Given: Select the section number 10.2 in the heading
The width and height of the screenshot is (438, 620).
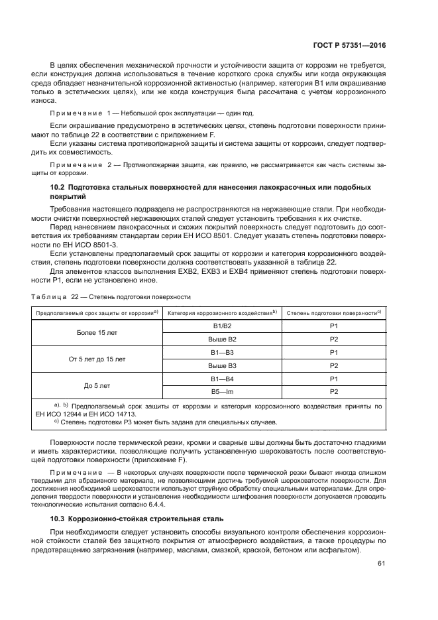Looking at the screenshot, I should click(50, 187).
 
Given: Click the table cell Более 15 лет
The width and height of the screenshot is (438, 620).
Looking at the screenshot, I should click(97, 332).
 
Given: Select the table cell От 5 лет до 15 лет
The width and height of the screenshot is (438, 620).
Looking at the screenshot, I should click(97, 359).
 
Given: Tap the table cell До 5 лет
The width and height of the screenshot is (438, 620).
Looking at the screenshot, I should click(97, 385).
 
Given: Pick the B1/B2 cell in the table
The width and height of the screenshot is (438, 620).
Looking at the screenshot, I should click(221, 326).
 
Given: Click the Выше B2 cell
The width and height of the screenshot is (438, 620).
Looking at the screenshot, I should click(222, 339).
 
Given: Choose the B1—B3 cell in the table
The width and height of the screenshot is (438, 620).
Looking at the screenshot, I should click(222, 352).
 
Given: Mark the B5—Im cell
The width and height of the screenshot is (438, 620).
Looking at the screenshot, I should click(222, 391).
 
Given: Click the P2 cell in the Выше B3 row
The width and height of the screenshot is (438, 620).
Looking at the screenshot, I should click(334, 365).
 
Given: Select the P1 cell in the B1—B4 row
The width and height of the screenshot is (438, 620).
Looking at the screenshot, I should click(334, 378).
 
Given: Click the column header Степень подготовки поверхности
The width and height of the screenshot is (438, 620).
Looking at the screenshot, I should click(334, 312).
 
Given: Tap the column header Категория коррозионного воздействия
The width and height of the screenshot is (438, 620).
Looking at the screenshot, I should click(222, 312).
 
